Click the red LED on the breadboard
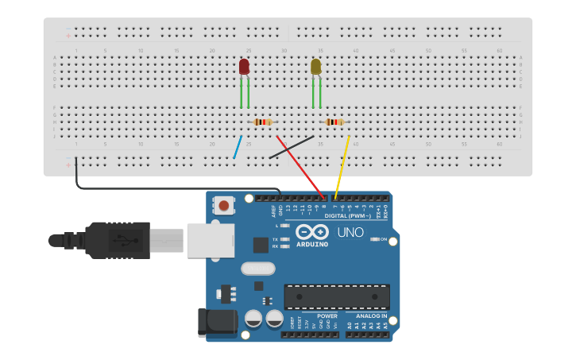pyautogui.click(x=244, y=67)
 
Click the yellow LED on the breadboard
pyautogui.click(x=315, y=67)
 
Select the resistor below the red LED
pyautogui.click(x=262, y=122)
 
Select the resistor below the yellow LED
pyautogui.click(x=334, y=122)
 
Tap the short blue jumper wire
pyautogui.click(x=238, y=147)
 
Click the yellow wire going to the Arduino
pyautogui.click(x=342, y=167)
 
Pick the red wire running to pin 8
pyautogui.click(x=300, y=167)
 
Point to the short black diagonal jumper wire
pyautogui.click(x=291, y=147)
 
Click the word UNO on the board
pyautogui.click(x=350, y=233)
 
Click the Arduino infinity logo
pyautogui.click(x=312, y=232)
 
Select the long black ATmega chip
pyautogui.click(x=337, y=296)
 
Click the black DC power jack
pyautogui.click(x=217, y=322)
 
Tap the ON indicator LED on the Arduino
pyautogui.click(x=375, y=239)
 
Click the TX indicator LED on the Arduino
pyautogui.click(x=285, y=238)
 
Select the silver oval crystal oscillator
pyautogui.click(x=257, y=269)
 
